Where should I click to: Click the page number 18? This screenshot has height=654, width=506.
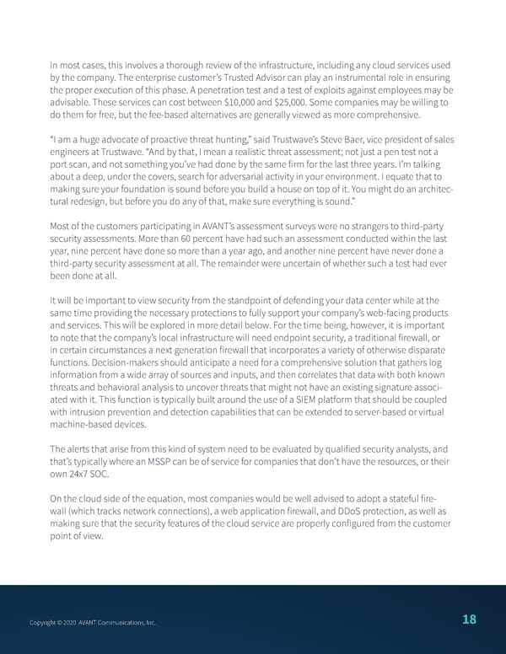coord(470,620)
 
